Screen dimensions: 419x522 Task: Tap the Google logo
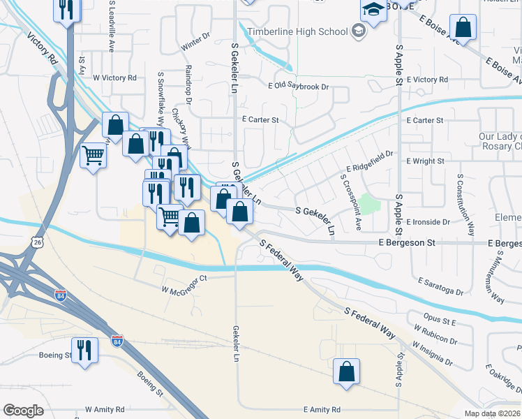coord(23,411)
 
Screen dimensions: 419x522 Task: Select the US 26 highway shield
coord(35,242)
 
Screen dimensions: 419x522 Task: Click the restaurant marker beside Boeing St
coord(84,350)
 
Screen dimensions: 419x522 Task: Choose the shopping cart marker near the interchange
coord(93,155)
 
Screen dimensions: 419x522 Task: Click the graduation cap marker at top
coord(373,10)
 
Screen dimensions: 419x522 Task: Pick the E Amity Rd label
coord(322,410)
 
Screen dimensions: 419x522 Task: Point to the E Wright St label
coord(425,161)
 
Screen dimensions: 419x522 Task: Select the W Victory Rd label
coord(114,78)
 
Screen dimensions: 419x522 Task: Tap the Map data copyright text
coord(493,413)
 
